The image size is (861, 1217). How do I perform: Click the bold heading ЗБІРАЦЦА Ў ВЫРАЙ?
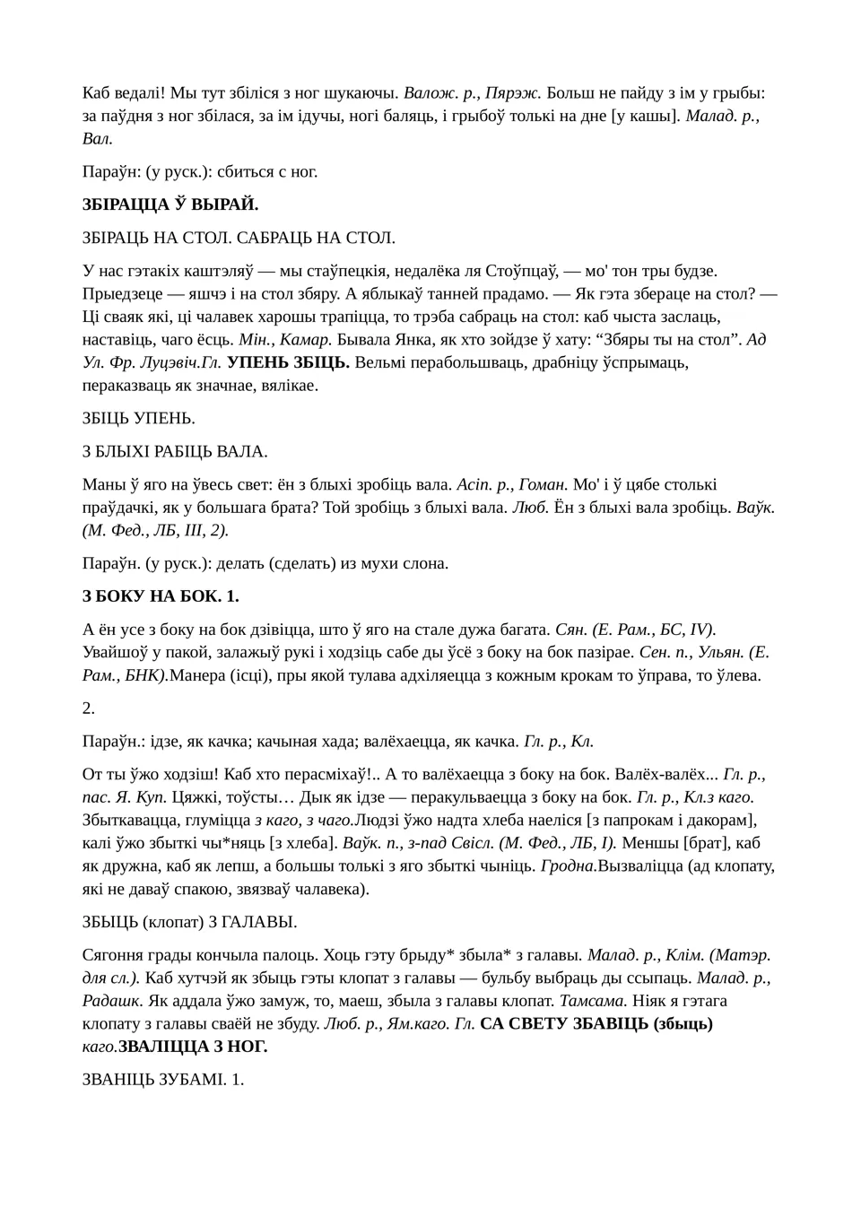tap(170, 204)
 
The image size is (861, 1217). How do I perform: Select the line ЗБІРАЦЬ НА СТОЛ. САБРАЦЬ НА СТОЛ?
tap(239, 238)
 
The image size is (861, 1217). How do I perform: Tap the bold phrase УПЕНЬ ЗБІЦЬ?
tap(288, 362)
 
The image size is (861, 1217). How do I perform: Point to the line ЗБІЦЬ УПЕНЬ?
tap(139, 418)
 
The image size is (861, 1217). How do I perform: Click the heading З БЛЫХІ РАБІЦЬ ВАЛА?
tap(175, 451)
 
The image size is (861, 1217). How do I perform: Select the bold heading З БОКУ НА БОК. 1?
tap(161, 595)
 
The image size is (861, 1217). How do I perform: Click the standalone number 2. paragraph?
tap(89, 708)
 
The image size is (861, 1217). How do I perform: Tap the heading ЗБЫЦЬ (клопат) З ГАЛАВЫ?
tap(189, 922)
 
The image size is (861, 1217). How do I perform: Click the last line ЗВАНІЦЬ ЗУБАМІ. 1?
tap(163, 1079)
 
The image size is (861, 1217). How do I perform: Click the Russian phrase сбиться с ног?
tap(268, 171)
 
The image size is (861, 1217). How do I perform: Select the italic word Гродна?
tap(569, 865)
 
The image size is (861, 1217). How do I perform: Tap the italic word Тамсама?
tap(593, 1000)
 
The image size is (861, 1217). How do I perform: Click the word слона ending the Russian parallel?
tap(427, 563)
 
